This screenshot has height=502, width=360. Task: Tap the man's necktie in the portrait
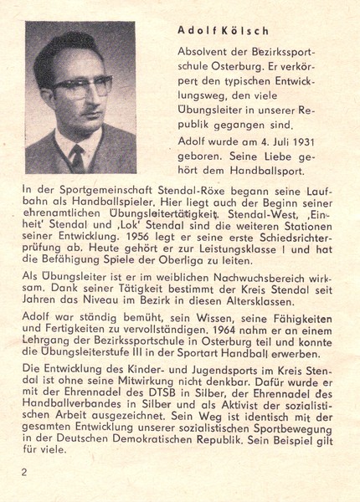(x=78, y=155)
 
